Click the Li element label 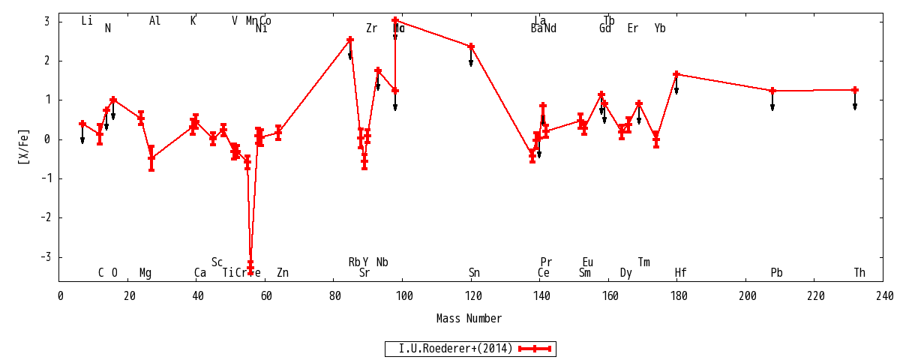click(87, 21)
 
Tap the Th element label click(859, 273)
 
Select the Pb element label click(776, 273)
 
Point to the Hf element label click(680, 273)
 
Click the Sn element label click(474, 273)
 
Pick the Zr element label click(371, 28)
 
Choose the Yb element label click(660, 28)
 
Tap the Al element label click(154, 21)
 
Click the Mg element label click(145, 273)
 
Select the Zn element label click(282, 273)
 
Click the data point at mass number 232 click(855, 90)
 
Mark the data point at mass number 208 click(772, 91)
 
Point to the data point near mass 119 click(471, 46)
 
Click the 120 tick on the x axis click(472, 296)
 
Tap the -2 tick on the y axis click(46, 217)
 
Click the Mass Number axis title click(469, 319)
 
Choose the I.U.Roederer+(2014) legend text click(455, 349)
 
